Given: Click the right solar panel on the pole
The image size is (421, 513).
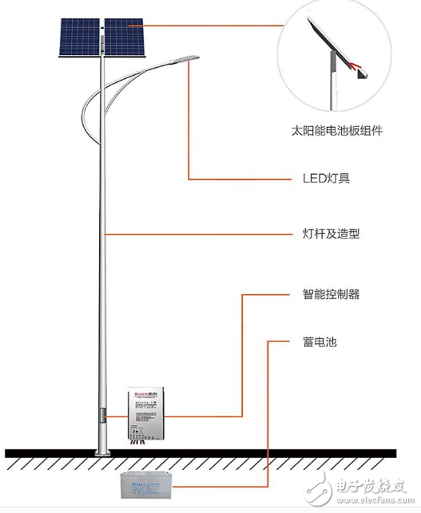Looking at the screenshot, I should pos(124,38).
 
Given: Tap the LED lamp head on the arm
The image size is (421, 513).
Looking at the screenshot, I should pos(185,58).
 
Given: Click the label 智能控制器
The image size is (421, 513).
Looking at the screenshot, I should pos(326,294).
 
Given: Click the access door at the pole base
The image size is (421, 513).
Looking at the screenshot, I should pos(102,419).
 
